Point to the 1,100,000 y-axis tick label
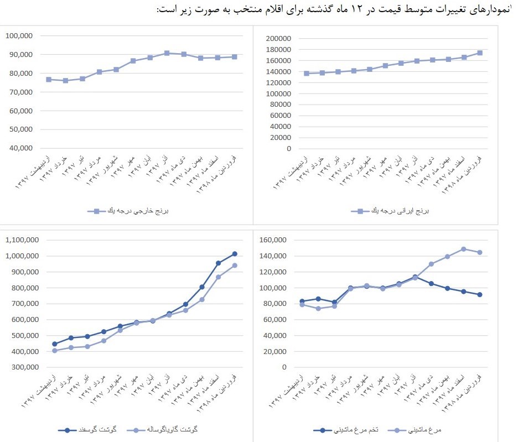tap(25, 240)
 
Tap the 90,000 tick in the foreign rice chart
tap(19, 54)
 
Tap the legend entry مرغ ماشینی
tap(416, 429)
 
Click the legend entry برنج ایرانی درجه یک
tap(395, 211)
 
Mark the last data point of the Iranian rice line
tap(480, 53)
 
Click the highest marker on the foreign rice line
tap(167, 53)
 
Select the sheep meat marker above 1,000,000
tap(235, 254)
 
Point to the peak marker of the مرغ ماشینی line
tap(463, 249)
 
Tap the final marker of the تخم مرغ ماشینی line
tap(479, 295)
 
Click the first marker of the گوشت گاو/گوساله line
tap(54, 351)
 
